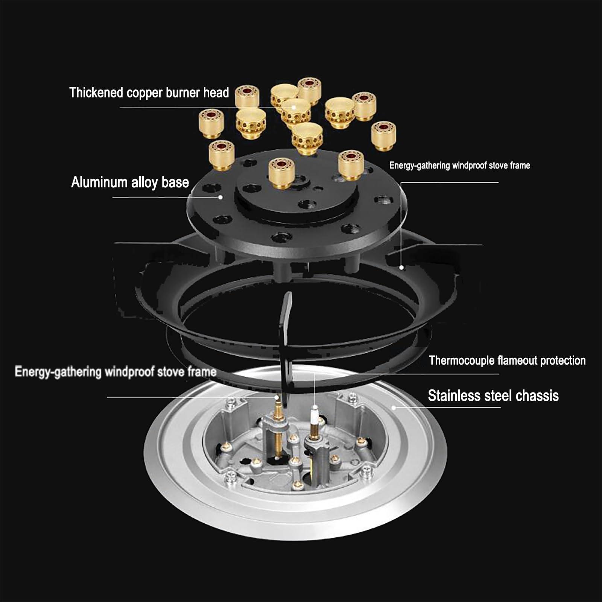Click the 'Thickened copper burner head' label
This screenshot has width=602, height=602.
tap(149, 93)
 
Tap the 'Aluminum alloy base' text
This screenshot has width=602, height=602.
tap(130, 182)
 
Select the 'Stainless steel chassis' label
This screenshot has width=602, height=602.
tap(493, 395)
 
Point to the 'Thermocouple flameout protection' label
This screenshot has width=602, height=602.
tap(507, 360)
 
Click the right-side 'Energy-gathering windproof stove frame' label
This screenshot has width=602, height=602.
tap(459, 166)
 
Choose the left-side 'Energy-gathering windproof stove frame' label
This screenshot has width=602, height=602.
tap(116, 372)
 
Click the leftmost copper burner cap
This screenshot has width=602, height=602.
tap(211, 123)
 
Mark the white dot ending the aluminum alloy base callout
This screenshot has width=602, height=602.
tap(221, 197)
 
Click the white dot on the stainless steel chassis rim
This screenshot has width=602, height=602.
tap(394, 407)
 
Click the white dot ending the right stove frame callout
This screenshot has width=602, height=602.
tap(402, 268)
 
